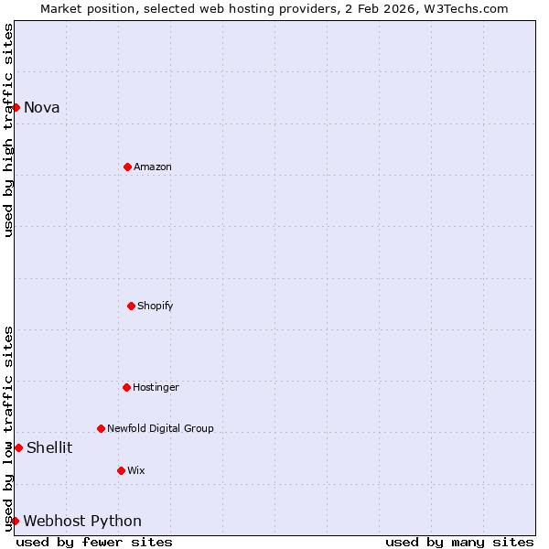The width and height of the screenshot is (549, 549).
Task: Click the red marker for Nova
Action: click(16, 107)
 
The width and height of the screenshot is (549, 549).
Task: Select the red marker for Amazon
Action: click(127, 167)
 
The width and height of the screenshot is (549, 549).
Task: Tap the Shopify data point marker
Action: click(131, 306)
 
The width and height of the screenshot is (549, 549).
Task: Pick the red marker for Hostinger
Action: click(126, 387)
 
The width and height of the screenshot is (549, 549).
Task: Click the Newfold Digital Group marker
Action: click(101, 428)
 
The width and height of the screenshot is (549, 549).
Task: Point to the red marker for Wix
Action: click(121, 470)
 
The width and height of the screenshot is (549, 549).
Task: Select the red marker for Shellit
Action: click(18, 447)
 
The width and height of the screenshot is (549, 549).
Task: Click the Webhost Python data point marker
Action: click(15, 521)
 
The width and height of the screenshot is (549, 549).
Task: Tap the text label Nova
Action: click(41, 107)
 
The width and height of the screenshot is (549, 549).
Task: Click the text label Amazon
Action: click(152, 167)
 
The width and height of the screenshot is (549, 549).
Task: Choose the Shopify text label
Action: click(155, 306)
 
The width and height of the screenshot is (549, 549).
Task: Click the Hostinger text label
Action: click(156, 387)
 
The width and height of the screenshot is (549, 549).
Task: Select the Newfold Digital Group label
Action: click(160, 428)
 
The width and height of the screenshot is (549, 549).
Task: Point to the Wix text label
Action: click(135, 470)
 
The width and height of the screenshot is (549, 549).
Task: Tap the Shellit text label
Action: click(49, 447)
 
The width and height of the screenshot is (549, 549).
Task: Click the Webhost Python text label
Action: click(82, 521)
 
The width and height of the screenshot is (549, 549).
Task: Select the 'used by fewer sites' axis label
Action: click(94, 542)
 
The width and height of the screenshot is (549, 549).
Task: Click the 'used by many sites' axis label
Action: click(459, 542)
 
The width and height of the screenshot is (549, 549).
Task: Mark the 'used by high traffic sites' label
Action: click(8, 130)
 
